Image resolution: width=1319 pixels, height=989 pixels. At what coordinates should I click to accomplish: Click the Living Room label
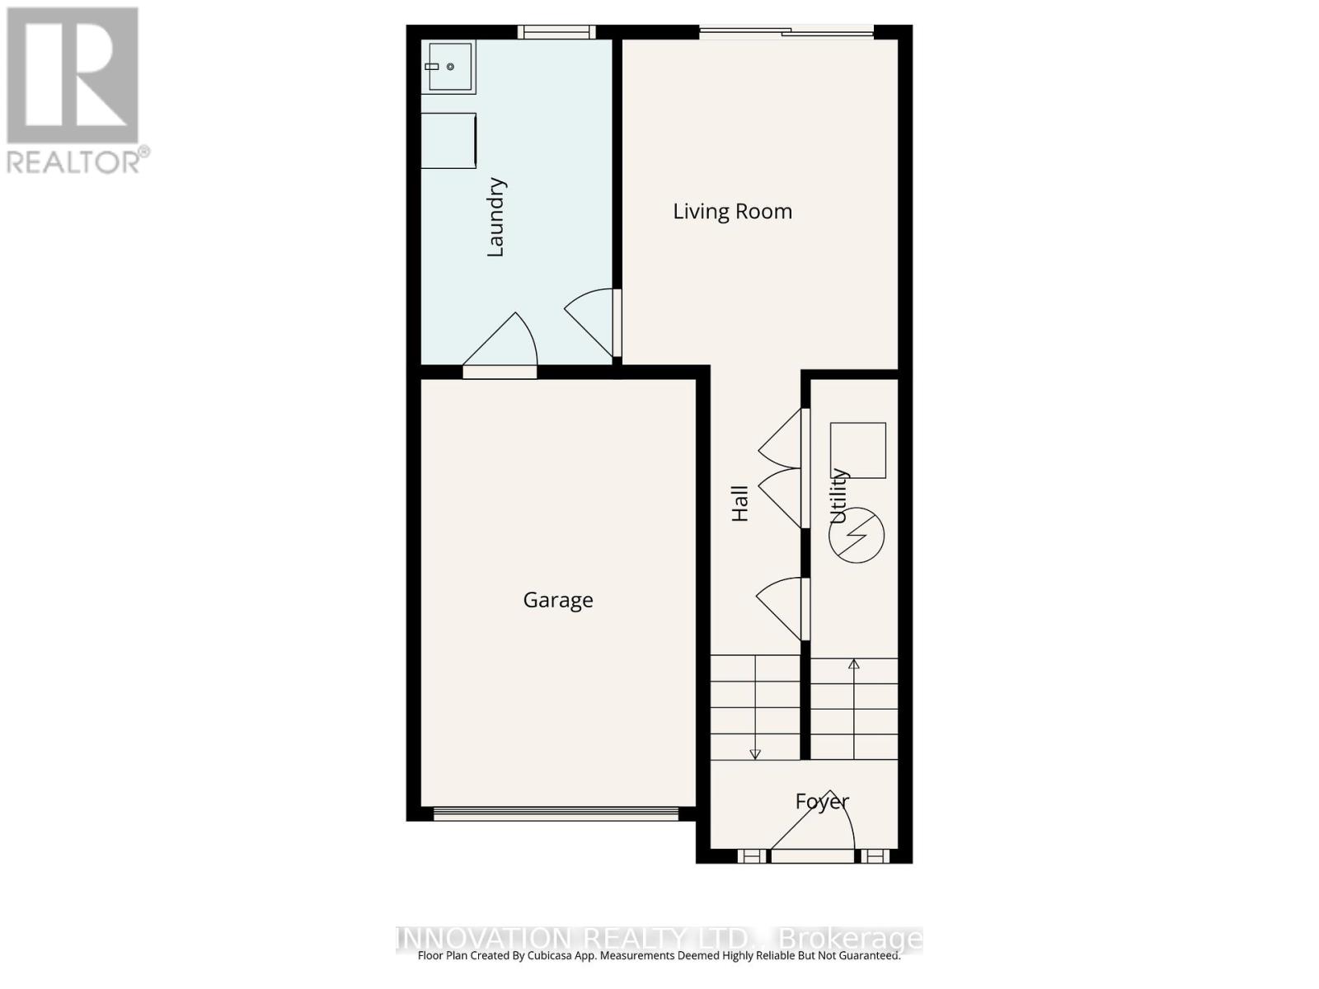point(732,212)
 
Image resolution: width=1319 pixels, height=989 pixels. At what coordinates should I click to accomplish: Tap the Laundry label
point(495,218)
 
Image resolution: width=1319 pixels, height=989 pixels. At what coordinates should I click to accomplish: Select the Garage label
point(558,600)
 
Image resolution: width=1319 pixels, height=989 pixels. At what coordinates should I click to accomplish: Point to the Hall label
point(740,503)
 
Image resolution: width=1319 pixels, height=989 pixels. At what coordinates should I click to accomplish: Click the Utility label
point(838,496)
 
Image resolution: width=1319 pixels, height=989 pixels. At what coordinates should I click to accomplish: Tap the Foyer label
point(822,801)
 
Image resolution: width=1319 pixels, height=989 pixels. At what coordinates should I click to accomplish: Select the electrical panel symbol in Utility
point(857,536)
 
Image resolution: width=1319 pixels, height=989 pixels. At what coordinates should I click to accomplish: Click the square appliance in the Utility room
point(857,450)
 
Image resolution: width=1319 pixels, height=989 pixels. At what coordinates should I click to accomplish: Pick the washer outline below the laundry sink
point(448,141)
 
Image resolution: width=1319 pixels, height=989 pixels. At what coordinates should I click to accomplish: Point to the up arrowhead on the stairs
point(854,664)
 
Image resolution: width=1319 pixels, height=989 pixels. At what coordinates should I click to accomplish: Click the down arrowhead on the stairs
point(755,753)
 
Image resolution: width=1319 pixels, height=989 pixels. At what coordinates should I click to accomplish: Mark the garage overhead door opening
point(556,813)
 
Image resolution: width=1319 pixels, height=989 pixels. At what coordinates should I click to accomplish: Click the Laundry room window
point(556,32)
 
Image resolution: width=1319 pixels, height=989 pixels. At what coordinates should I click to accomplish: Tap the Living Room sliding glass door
point(786,32)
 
